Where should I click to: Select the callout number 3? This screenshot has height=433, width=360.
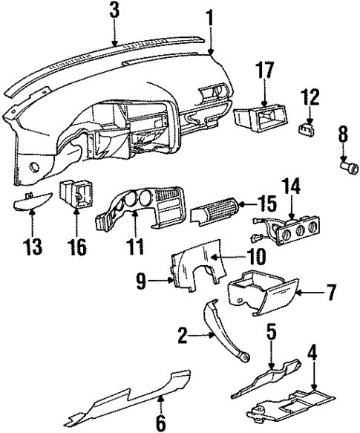113,11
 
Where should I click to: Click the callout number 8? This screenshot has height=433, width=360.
342,135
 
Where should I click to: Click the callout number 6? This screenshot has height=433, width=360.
160,422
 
